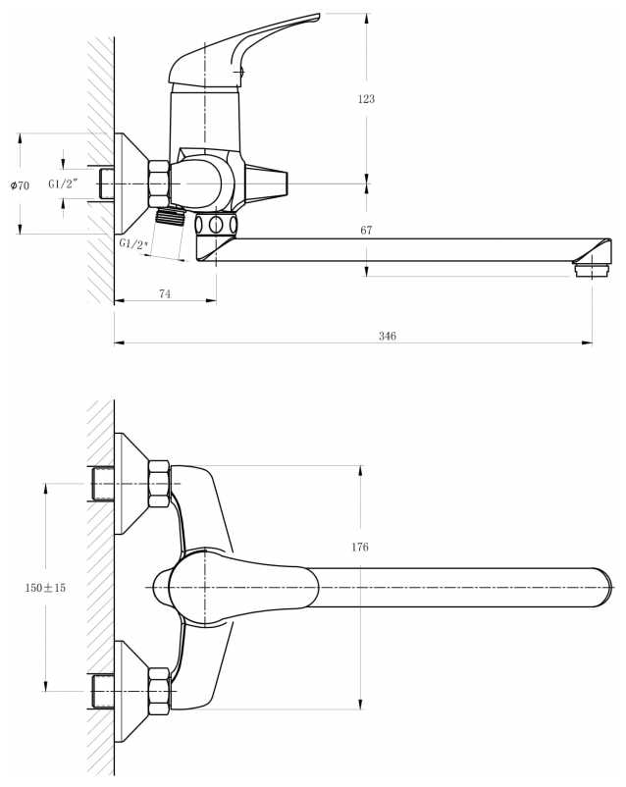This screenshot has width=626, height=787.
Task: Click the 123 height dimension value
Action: [367, 99]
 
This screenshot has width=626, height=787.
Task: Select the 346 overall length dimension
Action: [387, 336]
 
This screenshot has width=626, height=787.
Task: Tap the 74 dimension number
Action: [164, 294]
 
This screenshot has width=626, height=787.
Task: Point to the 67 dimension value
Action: [366, 231]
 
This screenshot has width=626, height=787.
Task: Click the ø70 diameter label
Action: [20, 184]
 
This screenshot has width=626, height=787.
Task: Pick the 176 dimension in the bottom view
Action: [359, 547]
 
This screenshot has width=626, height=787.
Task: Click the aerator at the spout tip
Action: [589, 266]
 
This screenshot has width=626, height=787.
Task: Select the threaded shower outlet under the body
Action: [172, 216]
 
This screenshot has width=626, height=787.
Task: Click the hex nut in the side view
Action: [158, 184]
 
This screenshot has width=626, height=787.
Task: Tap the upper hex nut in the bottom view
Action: [158, 484]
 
